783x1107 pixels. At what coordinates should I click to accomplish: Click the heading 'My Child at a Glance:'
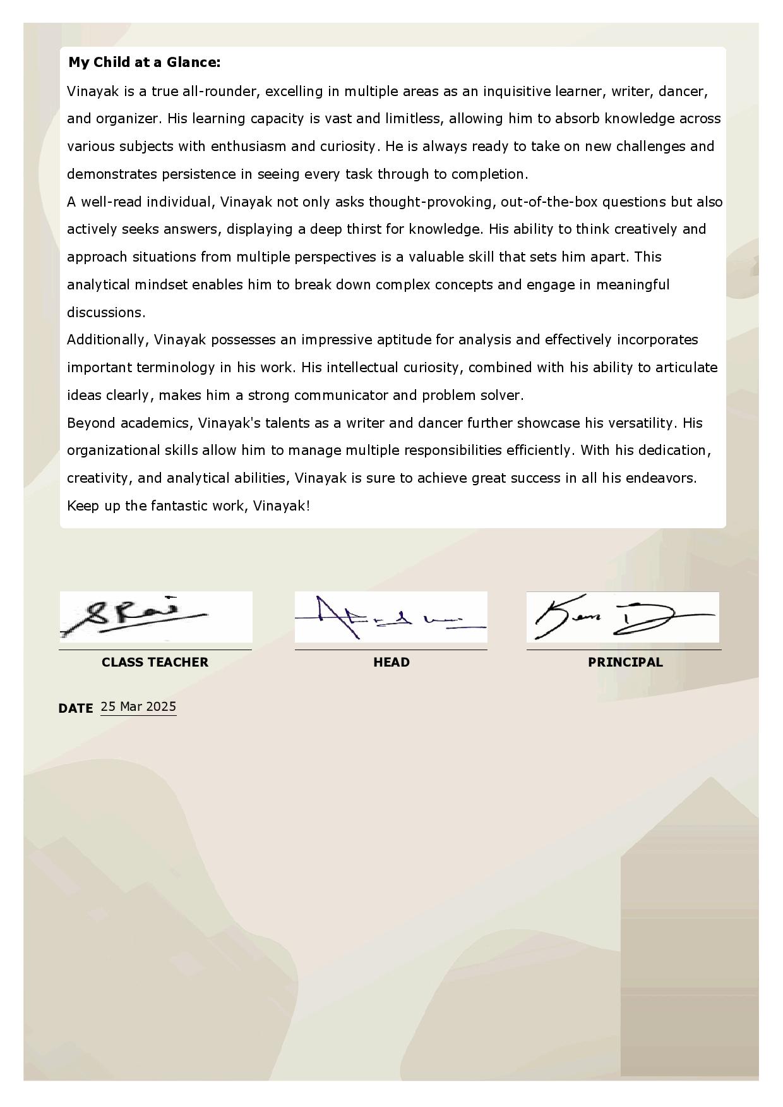pos(145,63)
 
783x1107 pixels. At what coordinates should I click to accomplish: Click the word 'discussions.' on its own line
pos(106,312)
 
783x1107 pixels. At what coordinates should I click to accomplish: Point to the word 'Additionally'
pos(107,340)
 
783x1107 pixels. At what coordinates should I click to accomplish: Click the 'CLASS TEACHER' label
pos(155,662)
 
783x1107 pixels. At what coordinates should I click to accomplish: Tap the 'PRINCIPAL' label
pos(625,662)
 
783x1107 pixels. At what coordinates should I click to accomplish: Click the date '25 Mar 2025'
pos(138,707)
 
